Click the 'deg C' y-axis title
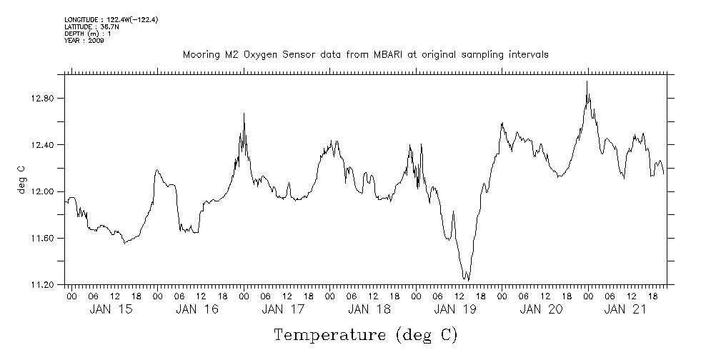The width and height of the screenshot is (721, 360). [21, 179]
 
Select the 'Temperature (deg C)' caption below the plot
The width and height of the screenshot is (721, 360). [365, 335]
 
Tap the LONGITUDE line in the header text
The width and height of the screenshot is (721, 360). [111, 20]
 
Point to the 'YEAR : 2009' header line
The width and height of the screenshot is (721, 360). [84, 41]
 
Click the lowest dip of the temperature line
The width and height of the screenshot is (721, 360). [467, 279]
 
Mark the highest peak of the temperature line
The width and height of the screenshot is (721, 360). [587, 81]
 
